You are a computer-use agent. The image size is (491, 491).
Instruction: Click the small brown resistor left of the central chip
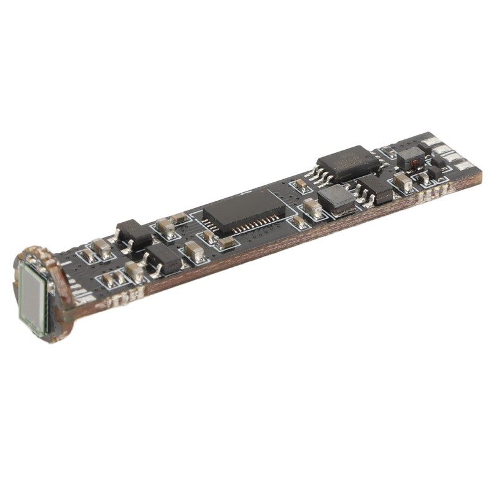(179, 217)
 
